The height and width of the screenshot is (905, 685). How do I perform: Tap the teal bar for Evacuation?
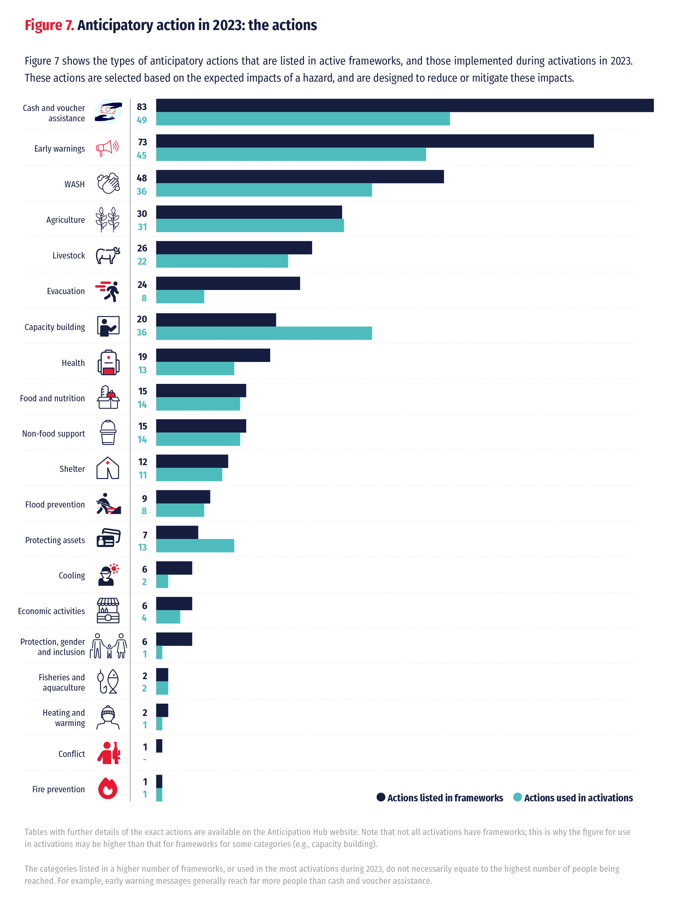coord(180,297)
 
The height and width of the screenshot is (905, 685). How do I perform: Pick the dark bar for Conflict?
coord(159,745)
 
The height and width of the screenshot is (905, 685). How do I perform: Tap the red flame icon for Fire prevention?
coord(108,788)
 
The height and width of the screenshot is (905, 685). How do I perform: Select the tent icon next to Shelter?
coord(108,468)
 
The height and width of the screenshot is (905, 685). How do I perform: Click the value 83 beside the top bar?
coord(142,107)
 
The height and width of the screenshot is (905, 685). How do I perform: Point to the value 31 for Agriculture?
coord(142,227)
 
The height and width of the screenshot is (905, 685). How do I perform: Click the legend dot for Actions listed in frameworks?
coord(381,797)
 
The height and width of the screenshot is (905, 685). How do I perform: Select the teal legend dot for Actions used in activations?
coord(517,797)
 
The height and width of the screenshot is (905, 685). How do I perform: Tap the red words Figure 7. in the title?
coord(49,25)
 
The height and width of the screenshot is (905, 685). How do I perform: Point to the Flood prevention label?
coord(55,504)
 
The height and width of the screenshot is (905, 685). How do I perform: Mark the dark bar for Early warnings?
coord(375,141)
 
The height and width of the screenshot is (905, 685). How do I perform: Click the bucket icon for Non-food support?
coord(108,432)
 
